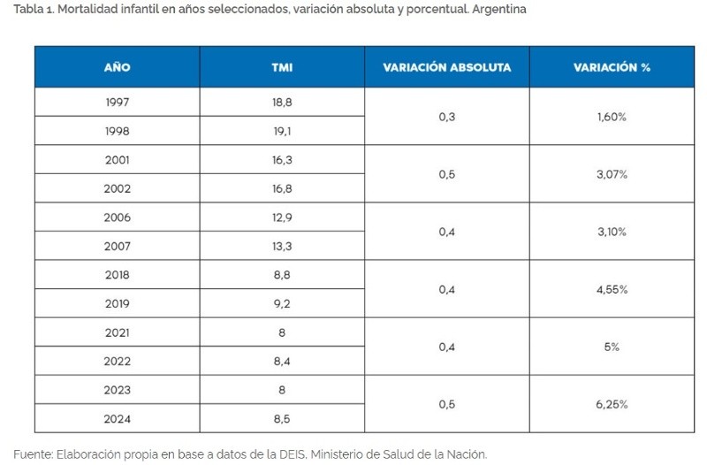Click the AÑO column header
coord(117,67)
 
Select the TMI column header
coord(282,67)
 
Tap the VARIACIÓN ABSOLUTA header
coord(446,67)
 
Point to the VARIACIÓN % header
coord(612,67)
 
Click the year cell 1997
coord(117,102)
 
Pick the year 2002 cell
coord(117,188)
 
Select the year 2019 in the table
coord(117,303)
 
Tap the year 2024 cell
coord(117,418)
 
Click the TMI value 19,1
coord(282,131)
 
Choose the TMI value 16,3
coord(282,160)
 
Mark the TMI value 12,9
coord(282,217)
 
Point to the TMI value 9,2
coord(282,303)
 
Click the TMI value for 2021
coord(282,332)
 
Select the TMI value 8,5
coord(282,418)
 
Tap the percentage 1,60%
coord(612,117)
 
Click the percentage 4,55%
coord(612,289)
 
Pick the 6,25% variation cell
coord(612,404)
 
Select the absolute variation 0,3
coord(446,117)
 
